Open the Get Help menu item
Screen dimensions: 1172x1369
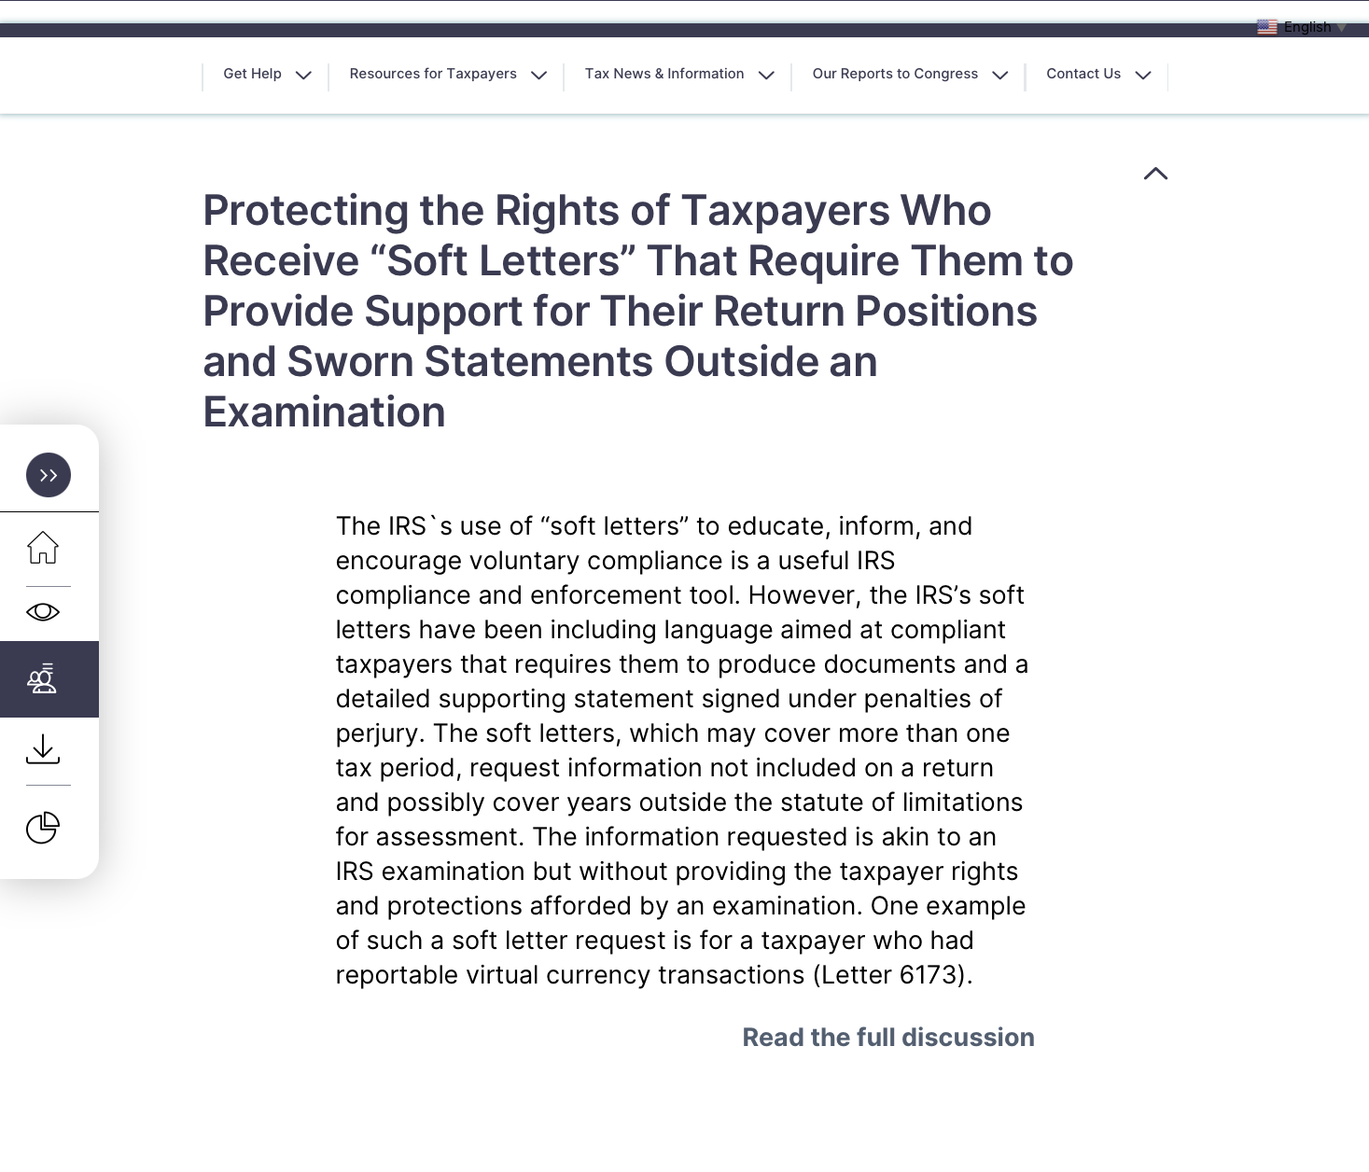(253, 74)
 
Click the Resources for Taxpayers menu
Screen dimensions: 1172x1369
(433, 74)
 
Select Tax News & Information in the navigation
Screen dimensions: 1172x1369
(664, 74)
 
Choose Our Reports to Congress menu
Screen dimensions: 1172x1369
(895, 74)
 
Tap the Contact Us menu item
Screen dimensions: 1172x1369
(1083, 74)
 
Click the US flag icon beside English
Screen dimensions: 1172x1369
(1266, 27)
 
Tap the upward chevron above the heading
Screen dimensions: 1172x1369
(1155, 174)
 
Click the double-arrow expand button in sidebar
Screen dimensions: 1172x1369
(49, 475)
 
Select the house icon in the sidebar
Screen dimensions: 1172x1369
(43, 548)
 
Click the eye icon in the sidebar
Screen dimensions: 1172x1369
(43, 612)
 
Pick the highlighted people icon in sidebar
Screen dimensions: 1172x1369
(43, 679)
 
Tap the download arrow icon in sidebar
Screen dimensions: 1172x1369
(43, 749)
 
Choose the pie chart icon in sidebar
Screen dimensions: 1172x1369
(43, 828)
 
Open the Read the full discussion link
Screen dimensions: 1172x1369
(887, 1038)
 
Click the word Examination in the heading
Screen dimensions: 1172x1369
(324, 412)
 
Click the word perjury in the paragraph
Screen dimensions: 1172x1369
(376, 734)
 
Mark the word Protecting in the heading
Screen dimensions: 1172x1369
(305, 211)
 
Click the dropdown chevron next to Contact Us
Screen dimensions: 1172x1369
(1143, 76)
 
